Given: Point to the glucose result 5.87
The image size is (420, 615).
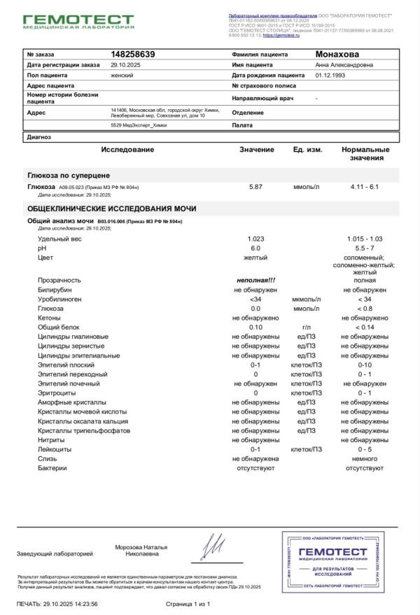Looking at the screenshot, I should (255, 188).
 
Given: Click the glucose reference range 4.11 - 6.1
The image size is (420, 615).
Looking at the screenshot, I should (365, 188).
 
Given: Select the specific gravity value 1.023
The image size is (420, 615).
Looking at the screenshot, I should (255, 239).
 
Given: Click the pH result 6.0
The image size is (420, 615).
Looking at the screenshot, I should (255, 248).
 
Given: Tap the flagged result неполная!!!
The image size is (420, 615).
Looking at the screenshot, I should (255, 280).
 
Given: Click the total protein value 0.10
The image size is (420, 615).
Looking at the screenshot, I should (255, 327).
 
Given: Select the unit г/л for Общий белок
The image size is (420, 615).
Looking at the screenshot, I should (307, 327).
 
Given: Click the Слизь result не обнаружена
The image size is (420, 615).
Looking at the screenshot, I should (255, 458).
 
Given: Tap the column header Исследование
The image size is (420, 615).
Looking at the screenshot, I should (127, 150).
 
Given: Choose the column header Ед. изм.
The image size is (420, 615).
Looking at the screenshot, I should (307, 150).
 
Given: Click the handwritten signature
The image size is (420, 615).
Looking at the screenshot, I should (214, 546).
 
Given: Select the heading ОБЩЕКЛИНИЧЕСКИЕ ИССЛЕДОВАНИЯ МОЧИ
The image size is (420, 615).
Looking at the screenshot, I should (112, 208).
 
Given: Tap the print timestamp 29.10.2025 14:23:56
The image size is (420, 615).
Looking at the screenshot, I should (69, 602).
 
